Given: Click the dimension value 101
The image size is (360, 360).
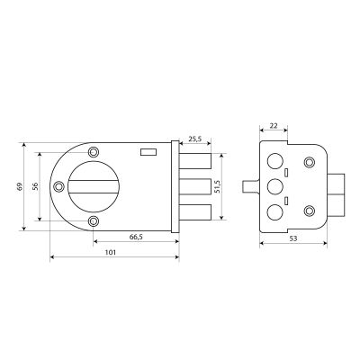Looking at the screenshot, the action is pos(111,253).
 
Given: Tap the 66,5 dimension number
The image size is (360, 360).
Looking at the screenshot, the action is pos(136,237).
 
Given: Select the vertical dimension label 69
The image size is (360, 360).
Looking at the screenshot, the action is pos(20,186).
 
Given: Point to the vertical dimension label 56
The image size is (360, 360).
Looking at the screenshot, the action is pos(35,186).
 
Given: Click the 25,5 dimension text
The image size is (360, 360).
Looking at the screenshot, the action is pos(195,139).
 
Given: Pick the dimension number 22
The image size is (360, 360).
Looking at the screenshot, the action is pos(274,126).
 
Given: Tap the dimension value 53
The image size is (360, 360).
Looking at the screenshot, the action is pos(293,238).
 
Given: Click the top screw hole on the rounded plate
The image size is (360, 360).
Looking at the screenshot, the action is pos(94,152).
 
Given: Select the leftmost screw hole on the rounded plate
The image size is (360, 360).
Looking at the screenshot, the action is pos(58,186).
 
